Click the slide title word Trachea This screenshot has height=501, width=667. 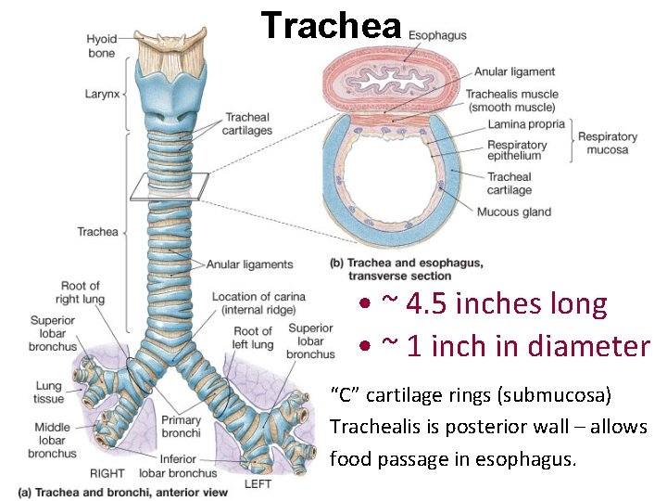tap(331, 26)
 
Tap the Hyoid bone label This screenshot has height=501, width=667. tap(101, 45)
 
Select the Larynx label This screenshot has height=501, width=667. tap(103, 95)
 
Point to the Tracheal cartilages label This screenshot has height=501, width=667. tap(248, 123)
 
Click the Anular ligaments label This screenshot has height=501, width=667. tap(249, 264)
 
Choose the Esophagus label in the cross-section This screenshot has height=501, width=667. tap(437, 35)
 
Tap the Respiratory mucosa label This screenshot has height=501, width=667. tap(608, 143)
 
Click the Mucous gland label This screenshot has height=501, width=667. tap(513, 212)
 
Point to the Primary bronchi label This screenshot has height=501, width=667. tap(181, 427)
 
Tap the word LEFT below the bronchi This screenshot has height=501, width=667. tap(258, 483)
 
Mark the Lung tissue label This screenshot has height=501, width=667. tap(49, 392)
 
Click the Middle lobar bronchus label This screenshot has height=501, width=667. tap(52, 441)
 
